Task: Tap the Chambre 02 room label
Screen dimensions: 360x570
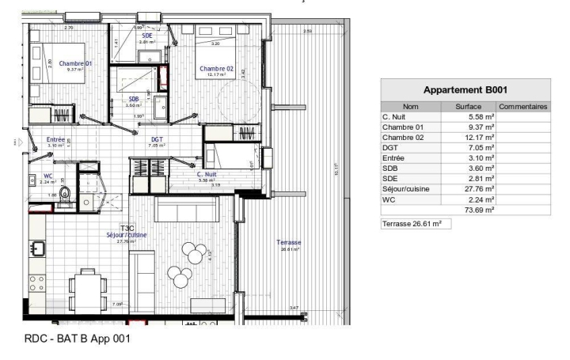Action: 216,68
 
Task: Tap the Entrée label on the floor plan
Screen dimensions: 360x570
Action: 56,138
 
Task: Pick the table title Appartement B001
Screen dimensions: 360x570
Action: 465,90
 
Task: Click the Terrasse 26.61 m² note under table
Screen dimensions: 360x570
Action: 411,224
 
